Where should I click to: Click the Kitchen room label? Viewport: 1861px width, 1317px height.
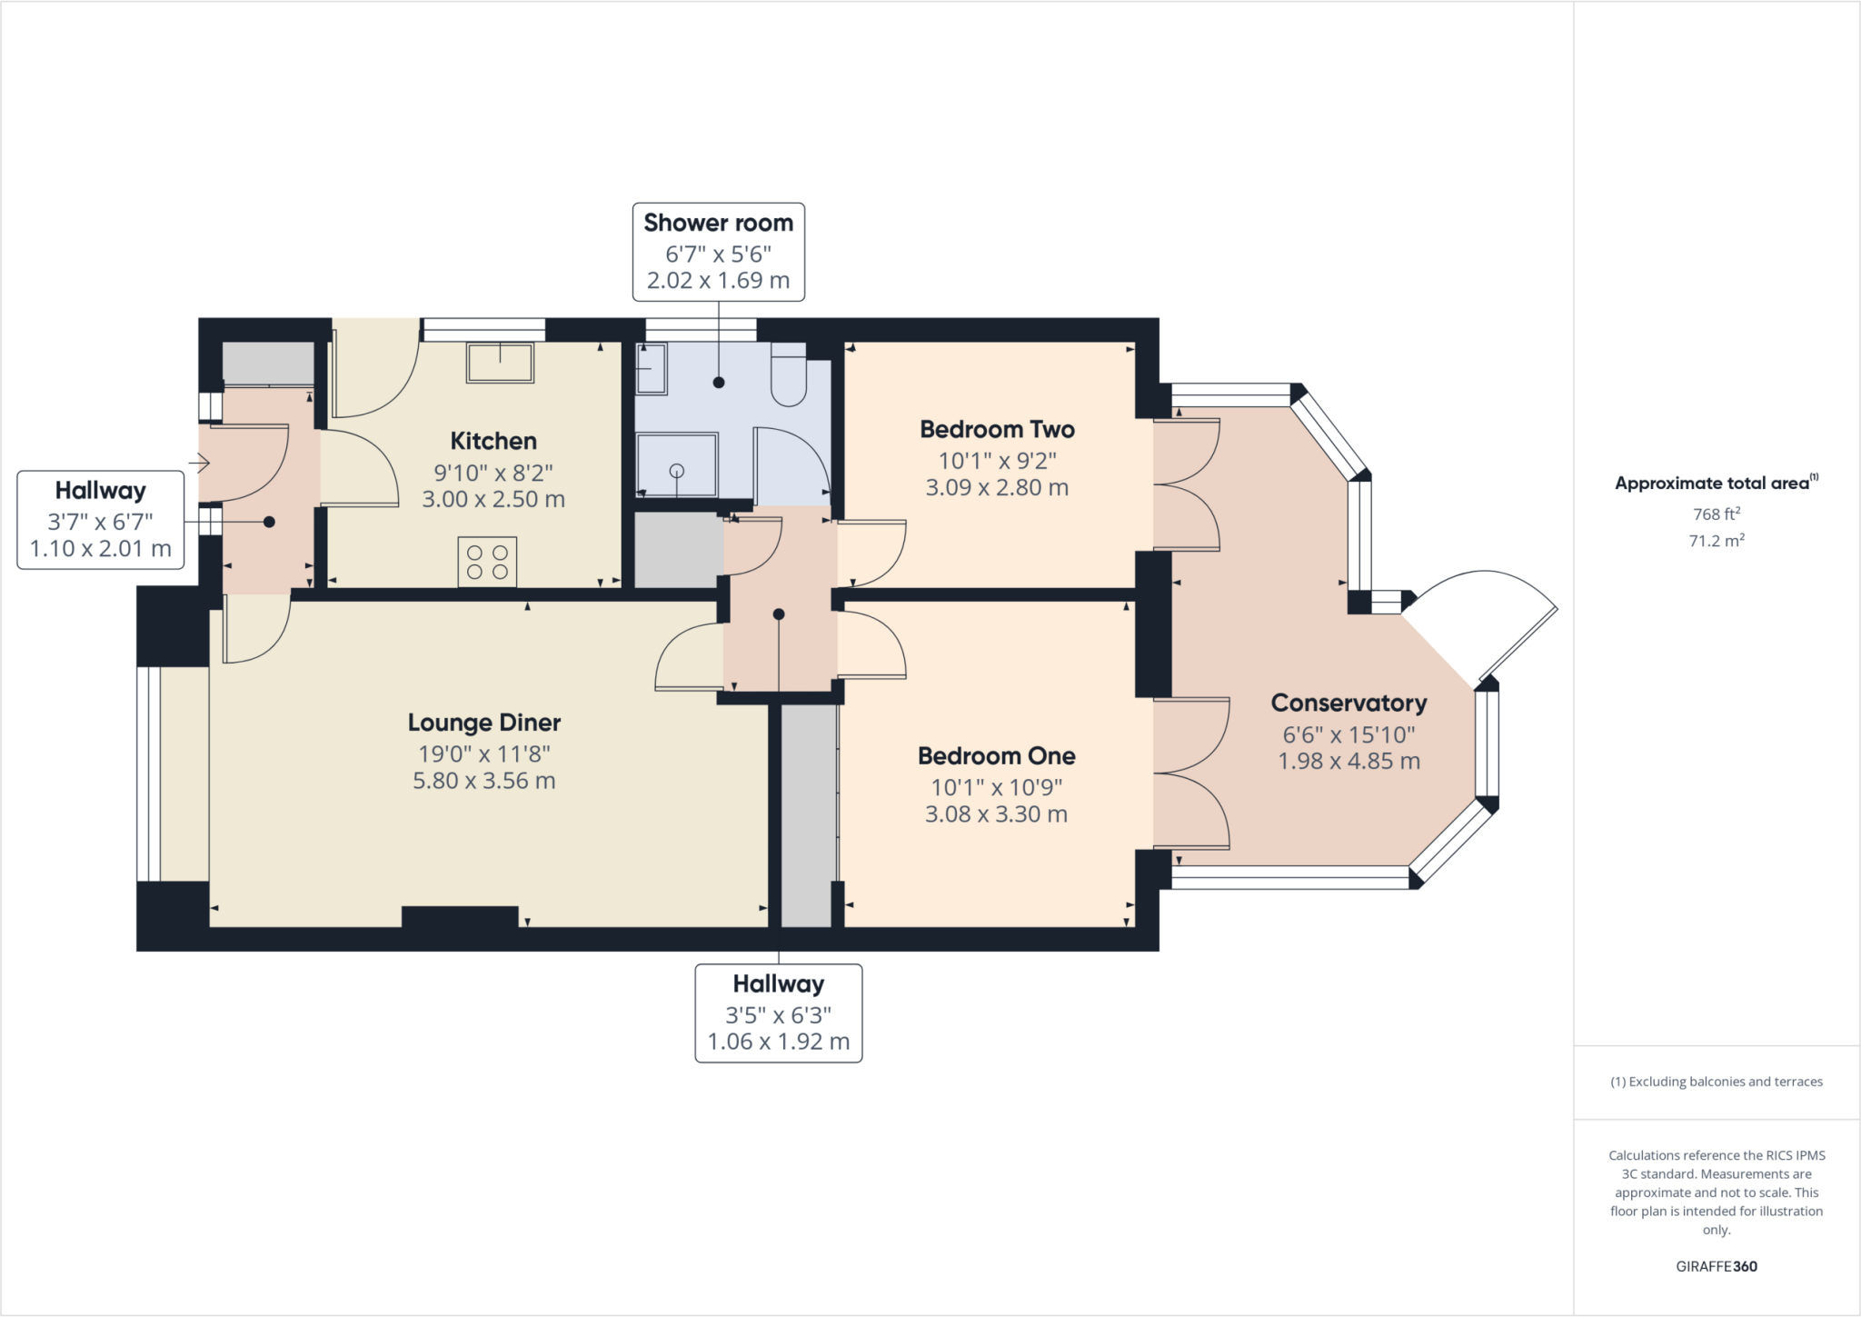pyautogui.click(x=493, y=442)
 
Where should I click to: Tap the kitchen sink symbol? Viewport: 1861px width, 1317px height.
pyautogui.click(x=500, y=363)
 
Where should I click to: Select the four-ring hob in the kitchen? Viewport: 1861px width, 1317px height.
pyautogui.click(x=487, y=562)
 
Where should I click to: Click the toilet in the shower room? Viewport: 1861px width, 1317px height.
pyautogui.click(x=788, y=375)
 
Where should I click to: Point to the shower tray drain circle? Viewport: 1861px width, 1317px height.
pyautogui.click(x=677, y=471)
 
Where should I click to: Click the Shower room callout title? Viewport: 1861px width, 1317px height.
pyautogui.click(x=718, y=223)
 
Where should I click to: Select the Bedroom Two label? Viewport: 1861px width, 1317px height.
pyautogui.click(x=997, y=430)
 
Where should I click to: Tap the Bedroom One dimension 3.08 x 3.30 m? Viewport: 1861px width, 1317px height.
pyautogui.click(x=996, y=814)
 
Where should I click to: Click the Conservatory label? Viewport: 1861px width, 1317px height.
pyautogui.click(x=1348, y=703)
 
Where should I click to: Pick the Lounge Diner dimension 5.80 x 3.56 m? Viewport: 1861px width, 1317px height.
pyautogui.click(x=483, y=781)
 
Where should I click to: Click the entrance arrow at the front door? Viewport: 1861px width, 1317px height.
pyautogui.click(x=200, y=464)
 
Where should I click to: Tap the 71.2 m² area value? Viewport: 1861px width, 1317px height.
pyautogui.click(x=1716, y=541)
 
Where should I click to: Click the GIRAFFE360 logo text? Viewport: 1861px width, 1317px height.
pyautogui.click(x=1716, y=1266)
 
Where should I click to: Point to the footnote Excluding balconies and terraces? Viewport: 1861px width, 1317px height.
pyautogui.click(x=1716, y=1082)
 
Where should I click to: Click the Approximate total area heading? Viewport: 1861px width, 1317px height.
pyautogui.click(x=1714, y=484)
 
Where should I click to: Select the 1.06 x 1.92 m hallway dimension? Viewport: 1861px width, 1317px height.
pyautogui.click(x=778, y=1042)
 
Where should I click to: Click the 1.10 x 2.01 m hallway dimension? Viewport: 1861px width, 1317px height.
pyautogui.click(x=100, y=549)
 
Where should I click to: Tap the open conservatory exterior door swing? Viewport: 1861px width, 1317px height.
pyautogui.click(x=1490, y=618)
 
